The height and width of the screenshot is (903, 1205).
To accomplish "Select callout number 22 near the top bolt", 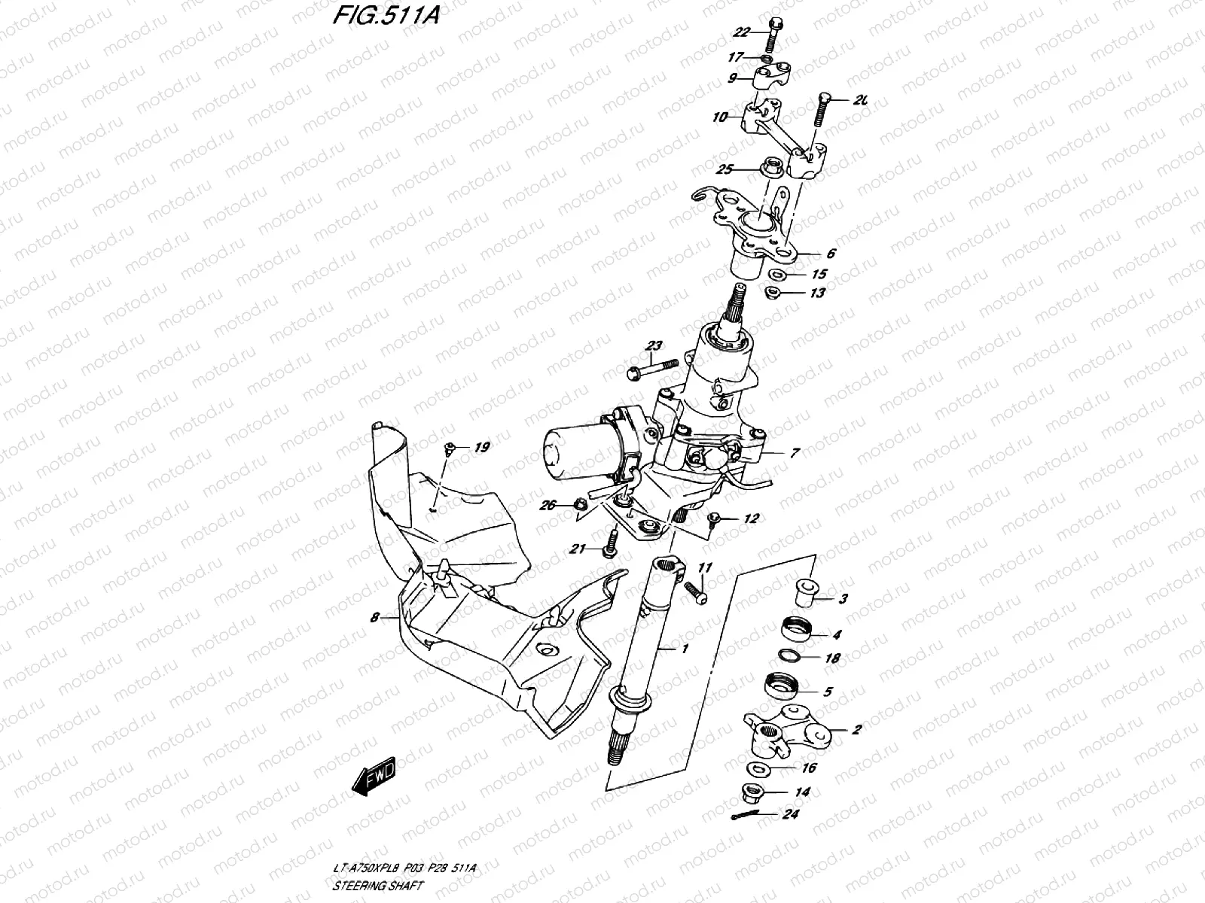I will coord(742,32).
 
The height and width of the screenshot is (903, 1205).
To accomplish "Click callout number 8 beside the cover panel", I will coord(374,618).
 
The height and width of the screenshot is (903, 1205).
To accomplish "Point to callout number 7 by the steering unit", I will coord(795,453).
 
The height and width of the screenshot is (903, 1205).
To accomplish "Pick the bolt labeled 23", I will coord(653,369).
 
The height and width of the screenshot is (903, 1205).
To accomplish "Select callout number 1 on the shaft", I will coord(685,649).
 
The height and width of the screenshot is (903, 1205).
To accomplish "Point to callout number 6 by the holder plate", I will coord(831,254).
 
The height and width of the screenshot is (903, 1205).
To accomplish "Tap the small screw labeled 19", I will coord(450,450).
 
